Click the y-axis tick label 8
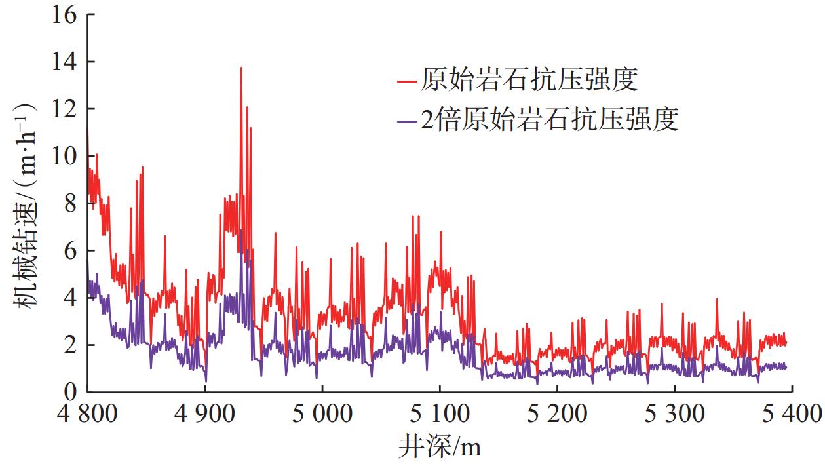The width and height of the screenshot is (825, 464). (x=69, y=203)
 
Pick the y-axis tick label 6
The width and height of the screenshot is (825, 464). (x=69, y=250)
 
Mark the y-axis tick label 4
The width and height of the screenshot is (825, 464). (x=69, y=298)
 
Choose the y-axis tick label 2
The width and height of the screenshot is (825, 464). (x=69, y=345)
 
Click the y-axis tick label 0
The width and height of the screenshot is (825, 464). (x=69, y=392)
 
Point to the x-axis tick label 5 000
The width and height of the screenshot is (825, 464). (x=322, y=414)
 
